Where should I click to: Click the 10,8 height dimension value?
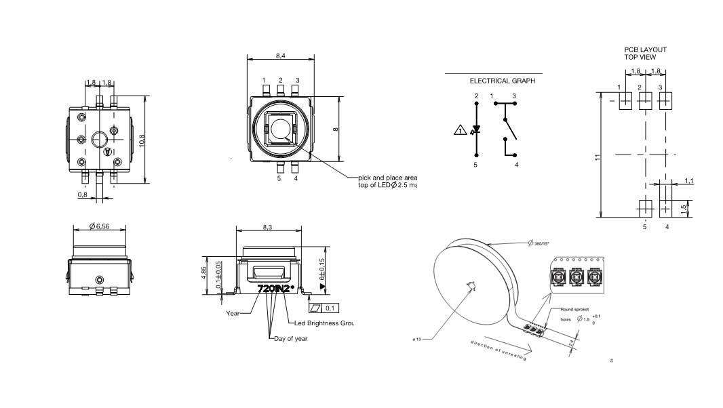(x=142, y=140)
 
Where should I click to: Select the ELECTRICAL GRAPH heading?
(x=502, y=81)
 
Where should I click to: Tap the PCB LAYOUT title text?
(x=645, y=49)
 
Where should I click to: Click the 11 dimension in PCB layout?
(x=598, y=157)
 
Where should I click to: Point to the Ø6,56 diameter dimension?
(x=100, y=226)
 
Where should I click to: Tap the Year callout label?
(x=233, y=314)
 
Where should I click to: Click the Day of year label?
(x=290, y=338)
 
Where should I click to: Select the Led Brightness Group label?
(x=324, y=323)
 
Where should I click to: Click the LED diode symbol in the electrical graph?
(x=476, y=129)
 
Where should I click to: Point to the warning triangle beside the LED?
(x=459, y=130)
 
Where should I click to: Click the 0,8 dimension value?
(x=82, y=195)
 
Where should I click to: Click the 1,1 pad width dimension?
(x=688, y=180)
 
